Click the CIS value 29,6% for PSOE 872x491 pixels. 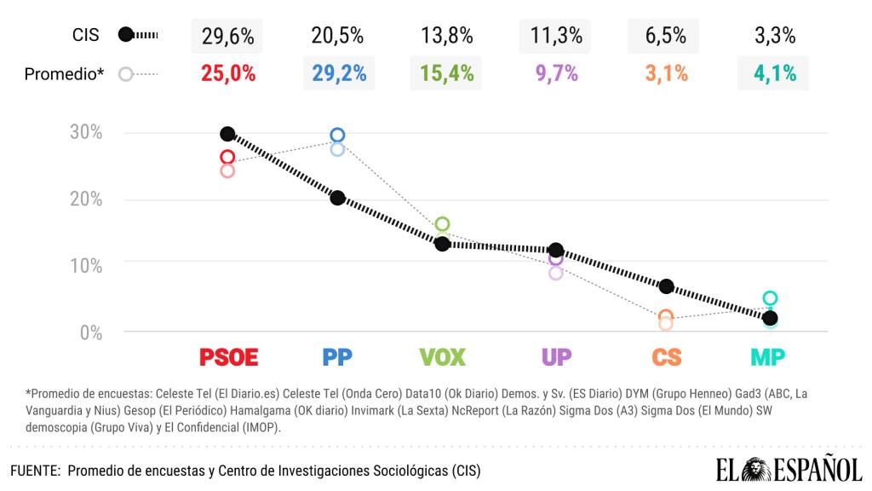[x=228, y=36]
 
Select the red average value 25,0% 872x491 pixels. [x=228, y=73]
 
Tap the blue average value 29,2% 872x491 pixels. [x=339, y=73]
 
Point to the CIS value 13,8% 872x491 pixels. [x=446, y=36]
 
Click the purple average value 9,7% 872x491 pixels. [x=557, y=73]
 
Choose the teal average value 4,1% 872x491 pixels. [x=775, y=73]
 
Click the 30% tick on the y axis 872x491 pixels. [x=85, y=133]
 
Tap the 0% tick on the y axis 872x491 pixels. [x=90, y=332]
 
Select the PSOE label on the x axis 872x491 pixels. [x=228, y=357]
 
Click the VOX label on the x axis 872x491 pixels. [x=443, y=357]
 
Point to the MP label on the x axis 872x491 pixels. [x=767, y=357]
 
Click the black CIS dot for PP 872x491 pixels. [x=338, y=198]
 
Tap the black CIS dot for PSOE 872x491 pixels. [x=227, y=134]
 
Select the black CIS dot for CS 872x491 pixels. [x=667, y=286]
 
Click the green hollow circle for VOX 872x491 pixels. [x=442, y=224]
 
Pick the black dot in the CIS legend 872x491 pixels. [x=126, y=35]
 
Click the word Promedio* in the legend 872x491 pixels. [x=64, y=74]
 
